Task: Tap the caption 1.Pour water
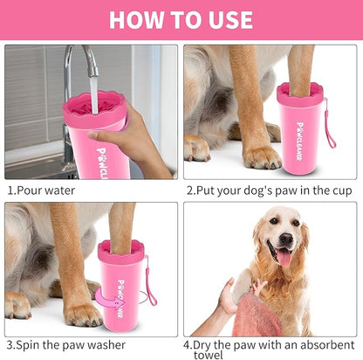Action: coord(41,190)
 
